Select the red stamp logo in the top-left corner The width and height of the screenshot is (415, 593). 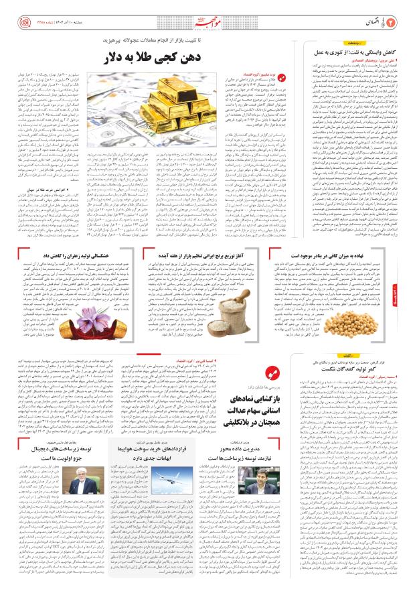click(x=15, y=14)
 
